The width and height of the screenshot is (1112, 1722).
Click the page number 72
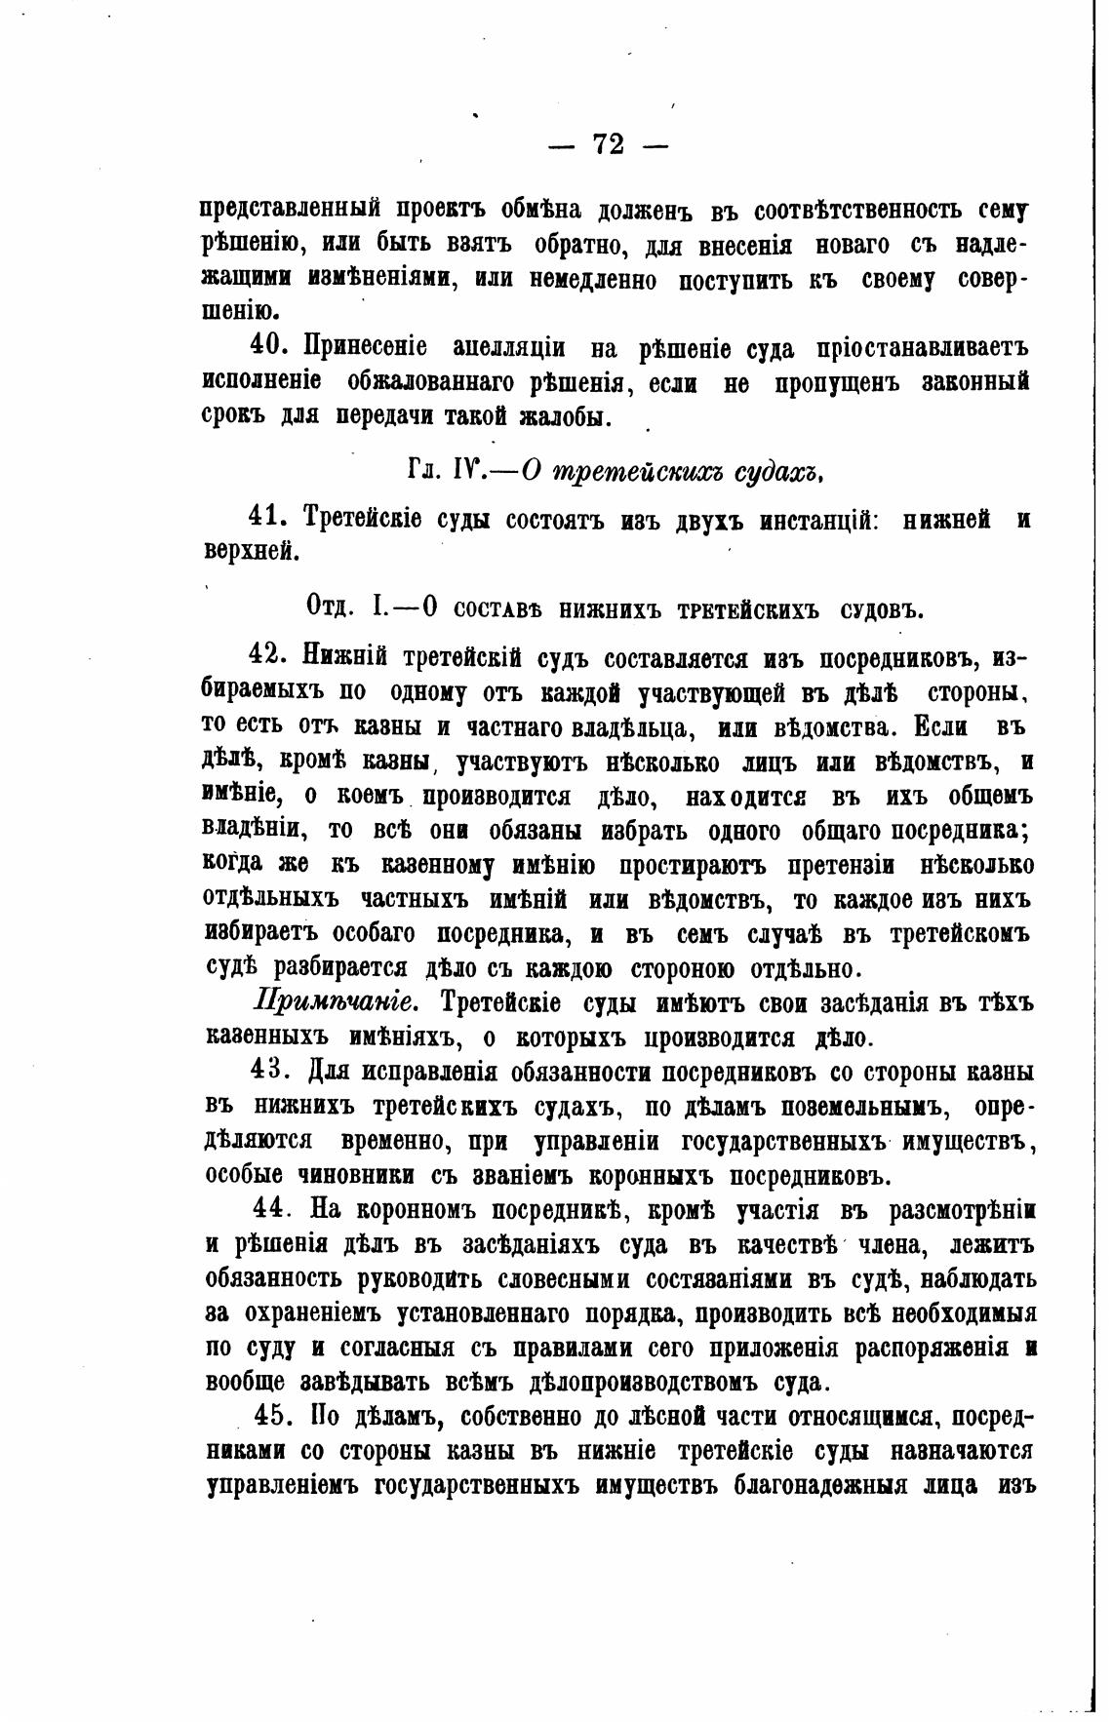click(x=608, y=144)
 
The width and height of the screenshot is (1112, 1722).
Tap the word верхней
click(x=249, y=552)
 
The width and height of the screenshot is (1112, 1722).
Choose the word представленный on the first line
click(x=291, y=209)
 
